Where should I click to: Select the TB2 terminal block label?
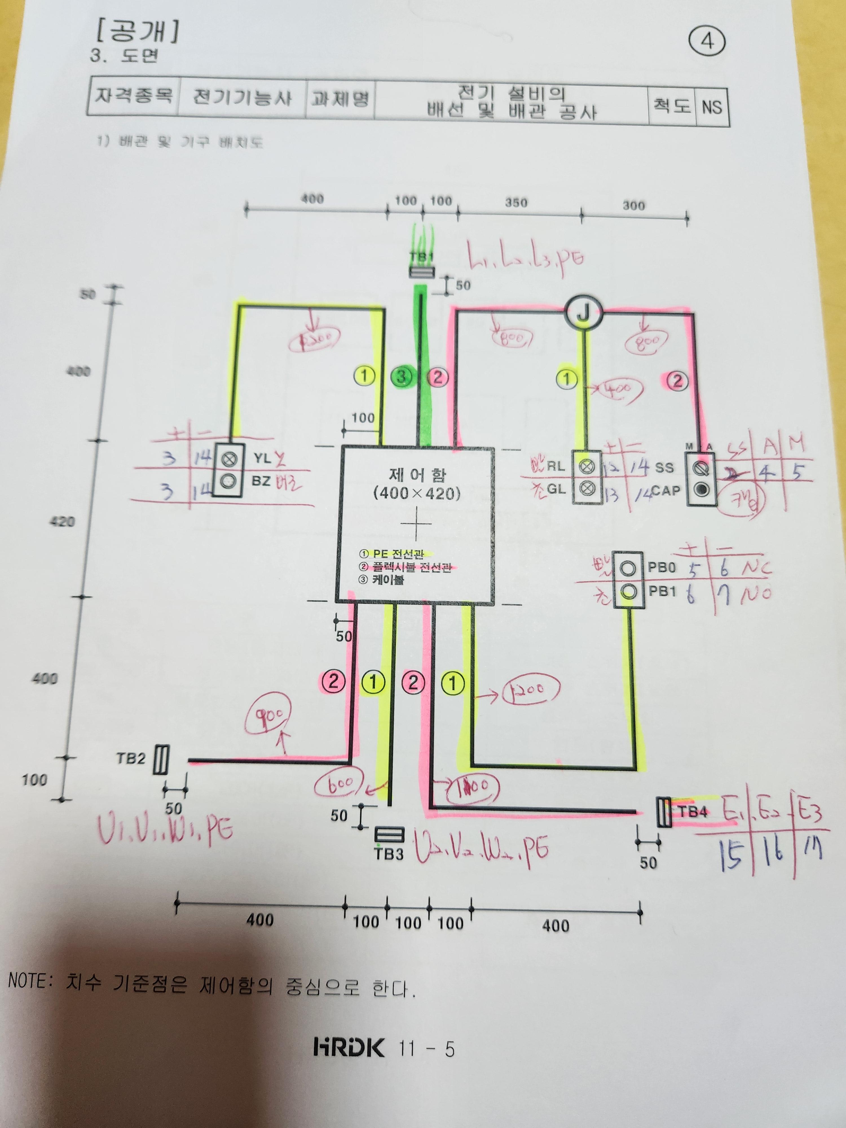point(131,758)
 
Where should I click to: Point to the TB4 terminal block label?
point(693,811)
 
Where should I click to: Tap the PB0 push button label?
point(661,567)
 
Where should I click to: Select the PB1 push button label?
point(662,591)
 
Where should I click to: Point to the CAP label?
point(666,491)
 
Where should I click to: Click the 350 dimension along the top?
point(516,202)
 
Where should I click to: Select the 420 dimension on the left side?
point(62,521)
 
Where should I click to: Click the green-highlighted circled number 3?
point(402,377)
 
